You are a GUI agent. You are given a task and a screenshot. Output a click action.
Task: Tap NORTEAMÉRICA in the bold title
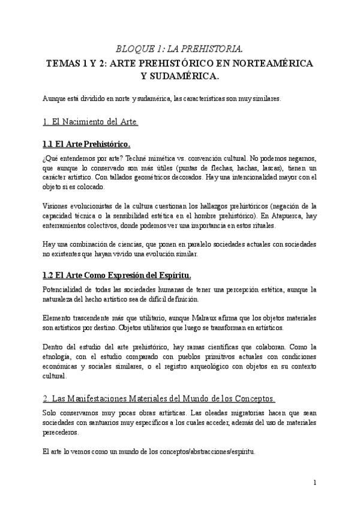(278, 62)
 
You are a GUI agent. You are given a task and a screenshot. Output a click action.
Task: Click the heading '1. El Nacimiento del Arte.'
(91, 122)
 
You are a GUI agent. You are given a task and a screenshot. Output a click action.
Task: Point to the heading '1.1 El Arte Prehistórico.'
(87, 145)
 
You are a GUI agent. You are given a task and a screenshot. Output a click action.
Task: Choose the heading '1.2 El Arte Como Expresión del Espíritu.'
(117, 276)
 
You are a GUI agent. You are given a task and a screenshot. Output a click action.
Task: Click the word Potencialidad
(64, 290)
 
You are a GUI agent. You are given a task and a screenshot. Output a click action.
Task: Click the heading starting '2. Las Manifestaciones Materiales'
(159, 399)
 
